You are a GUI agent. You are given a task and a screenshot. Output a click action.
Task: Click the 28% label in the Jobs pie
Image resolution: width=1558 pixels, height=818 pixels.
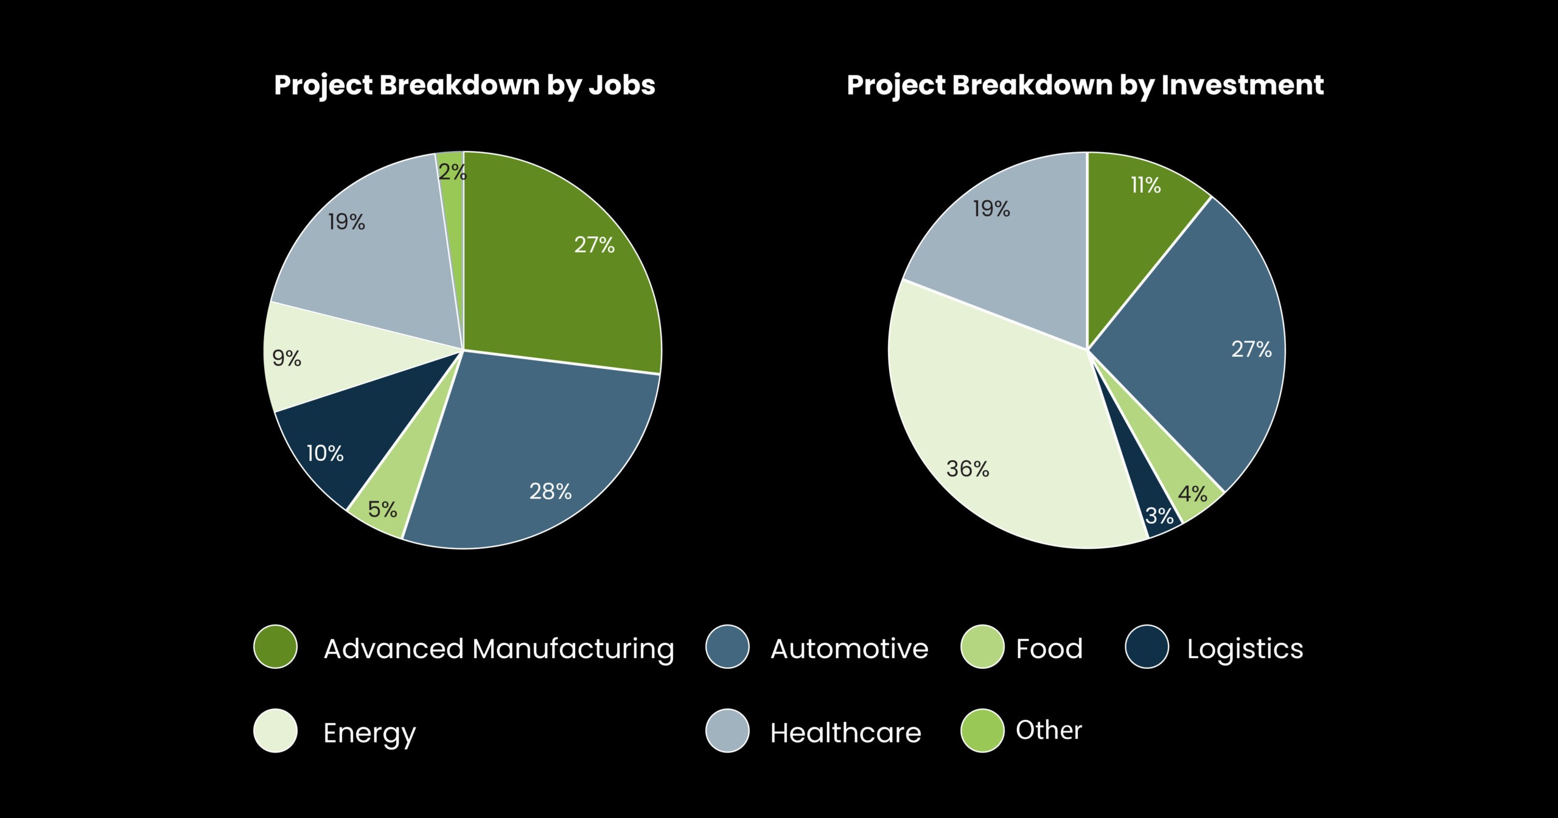[550, 491]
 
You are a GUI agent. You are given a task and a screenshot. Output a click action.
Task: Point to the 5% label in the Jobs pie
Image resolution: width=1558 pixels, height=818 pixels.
[382, 509]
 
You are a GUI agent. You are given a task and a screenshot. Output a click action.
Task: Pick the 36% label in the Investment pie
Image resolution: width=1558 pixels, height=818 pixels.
[967, 469]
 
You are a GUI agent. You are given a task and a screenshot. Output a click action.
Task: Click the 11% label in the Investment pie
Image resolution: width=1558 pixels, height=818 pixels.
[1145, 185]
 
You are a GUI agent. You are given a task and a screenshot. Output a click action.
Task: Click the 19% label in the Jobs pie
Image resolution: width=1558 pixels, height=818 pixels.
[346, 222]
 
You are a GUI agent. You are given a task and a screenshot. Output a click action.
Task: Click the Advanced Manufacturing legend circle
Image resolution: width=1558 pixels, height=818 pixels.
[276, 646]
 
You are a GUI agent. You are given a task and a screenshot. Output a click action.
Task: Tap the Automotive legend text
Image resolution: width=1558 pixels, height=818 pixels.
[849, 649]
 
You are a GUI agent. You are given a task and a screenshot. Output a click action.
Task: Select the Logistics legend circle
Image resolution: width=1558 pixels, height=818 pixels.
[1147, 646]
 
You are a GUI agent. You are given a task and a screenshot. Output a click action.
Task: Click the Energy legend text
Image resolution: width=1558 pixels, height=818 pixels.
[369, 733]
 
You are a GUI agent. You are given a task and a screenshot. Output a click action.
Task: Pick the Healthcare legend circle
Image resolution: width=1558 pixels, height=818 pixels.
[727, 730]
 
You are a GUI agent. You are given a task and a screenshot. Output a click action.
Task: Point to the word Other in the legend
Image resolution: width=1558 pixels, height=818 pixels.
[1049, 730]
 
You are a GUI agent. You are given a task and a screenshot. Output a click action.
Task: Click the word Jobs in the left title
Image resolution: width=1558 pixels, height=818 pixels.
[621, 85]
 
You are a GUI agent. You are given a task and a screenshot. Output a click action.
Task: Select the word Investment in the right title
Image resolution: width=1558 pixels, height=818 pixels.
[1242, 85]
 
